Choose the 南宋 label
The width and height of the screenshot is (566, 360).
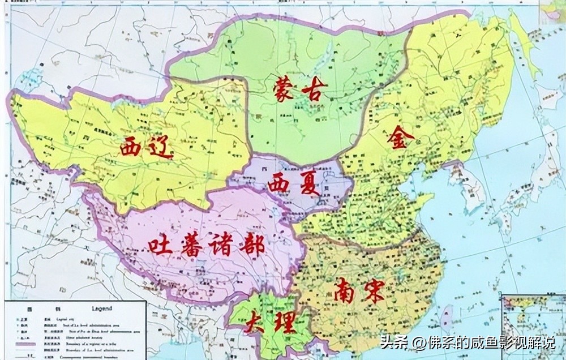pos(359,290)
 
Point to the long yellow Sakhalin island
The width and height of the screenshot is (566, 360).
pos(522,45)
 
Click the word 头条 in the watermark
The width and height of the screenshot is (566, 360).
pos(393,343)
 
